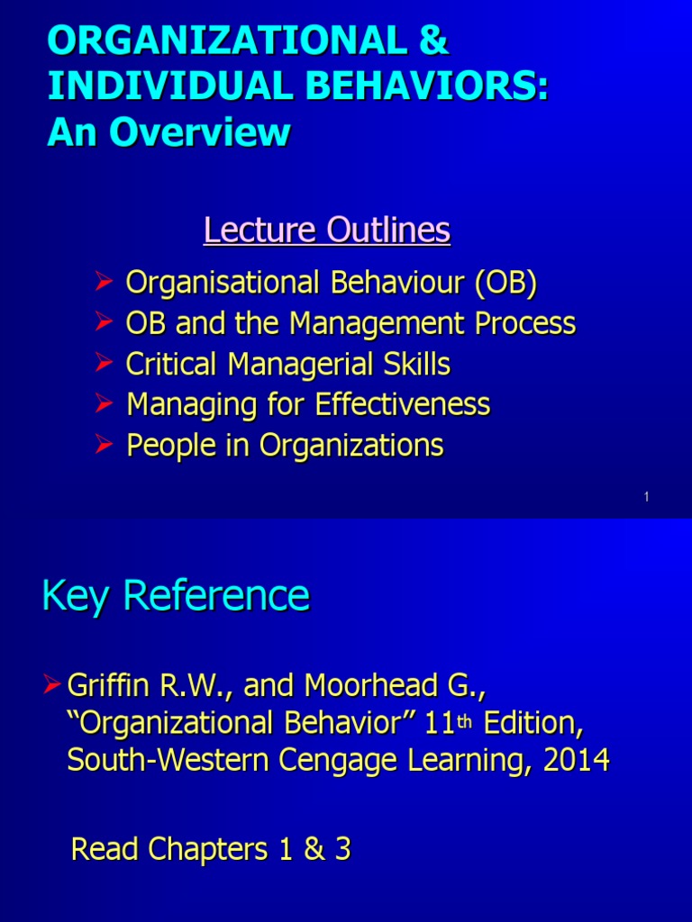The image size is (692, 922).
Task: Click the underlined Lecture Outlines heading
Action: pyautogui.click(x=326, y=230)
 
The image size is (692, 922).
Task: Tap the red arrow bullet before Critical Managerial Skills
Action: pyautogui.click(x=104, y=364)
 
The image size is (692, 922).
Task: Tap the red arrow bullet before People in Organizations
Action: pyautogui.click(x=104, y=445)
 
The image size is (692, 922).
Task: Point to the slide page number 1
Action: pyautogui.click(x=647, y=498)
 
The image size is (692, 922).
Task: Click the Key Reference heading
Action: pyautogui.click(x=176, y=596)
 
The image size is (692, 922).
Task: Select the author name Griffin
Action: pyautogui.click(x=107, y=686)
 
